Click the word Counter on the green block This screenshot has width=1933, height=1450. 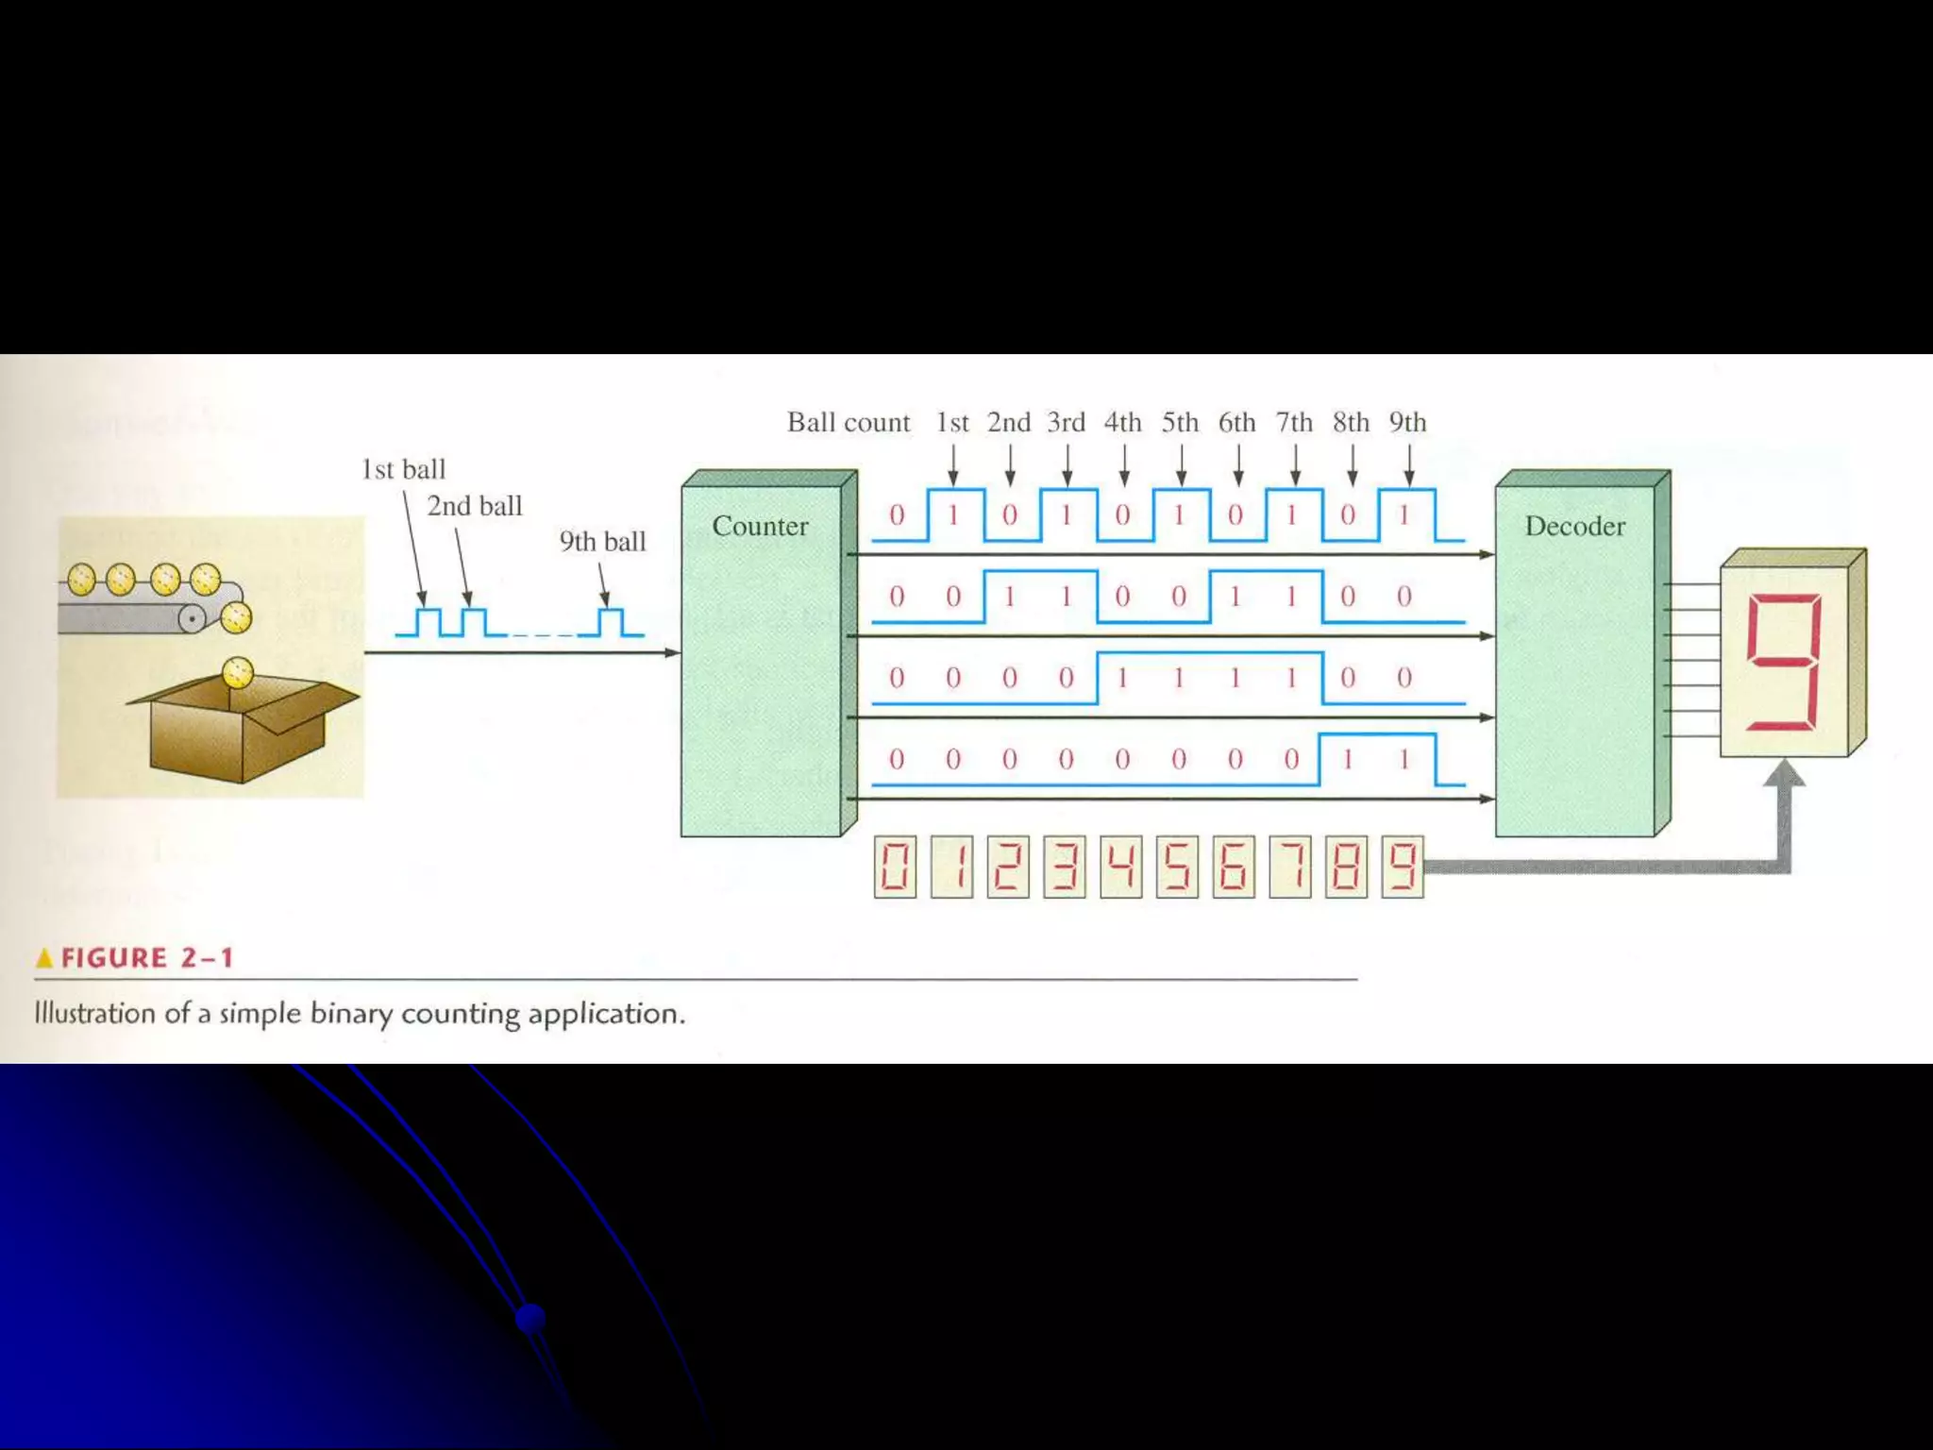[760, 526]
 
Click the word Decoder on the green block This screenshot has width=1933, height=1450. [1574, 526]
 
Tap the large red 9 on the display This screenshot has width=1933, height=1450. [1782, 662]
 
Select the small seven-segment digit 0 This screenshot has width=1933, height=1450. [895, 867]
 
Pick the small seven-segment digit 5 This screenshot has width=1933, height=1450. [1177, 867]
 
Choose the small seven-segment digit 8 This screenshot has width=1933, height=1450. [1346, 867]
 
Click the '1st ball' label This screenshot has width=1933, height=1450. [403, 469]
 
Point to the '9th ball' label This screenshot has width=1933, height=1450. [602, 541]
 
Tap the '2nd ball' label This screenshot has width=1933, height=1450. [474, 506]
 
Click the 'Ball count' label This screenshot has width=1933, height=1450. [849, 422]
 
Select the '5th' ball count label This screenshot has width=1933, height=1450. [1180, 422]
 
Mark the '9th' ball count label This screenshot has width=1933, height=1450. [1407, 422]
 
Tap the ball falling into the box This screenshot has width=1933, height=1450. [238, 673]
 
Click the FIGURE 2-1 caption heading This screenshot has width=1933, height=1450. [146, 958]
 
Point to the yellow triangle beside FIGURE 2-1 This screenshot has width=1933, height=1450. [44, 959]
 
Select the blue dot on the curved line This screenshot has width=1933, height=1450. [530, 1317]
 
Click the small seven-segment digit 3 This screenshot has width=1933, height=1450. [1065, 867]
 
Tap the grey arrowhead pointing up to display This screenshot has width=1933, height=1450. [1784, 774]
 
